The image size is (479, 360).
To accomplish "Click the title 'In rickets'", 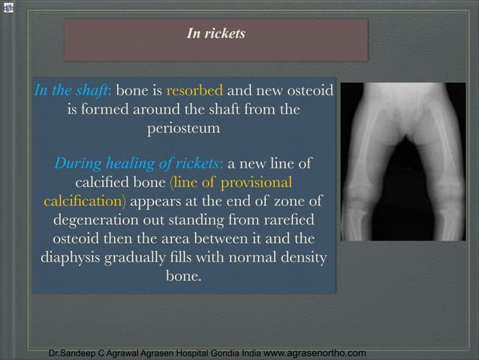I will pyautogui.click(x=215, y=34).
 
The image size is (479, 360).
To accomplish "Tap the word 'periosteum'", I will pyautogui.click(x=184, y=129).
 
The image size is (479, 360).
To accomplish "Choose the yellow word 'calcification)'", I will pyautogui.click(x=85, y=201).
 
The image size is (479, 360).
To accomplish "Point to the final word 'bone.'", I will pyautogui.click(x=183, y=277).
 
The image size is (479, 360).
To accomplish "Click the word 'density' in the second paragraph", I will pyautogui.click(x=302, y=258).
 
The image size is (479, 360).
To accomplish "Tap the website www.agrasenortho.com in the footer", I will pyautogui.click(x=316, y=352).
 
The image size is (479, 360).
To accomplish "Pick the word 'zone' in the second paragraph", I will pyautogui.click(x=288, y=201).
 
